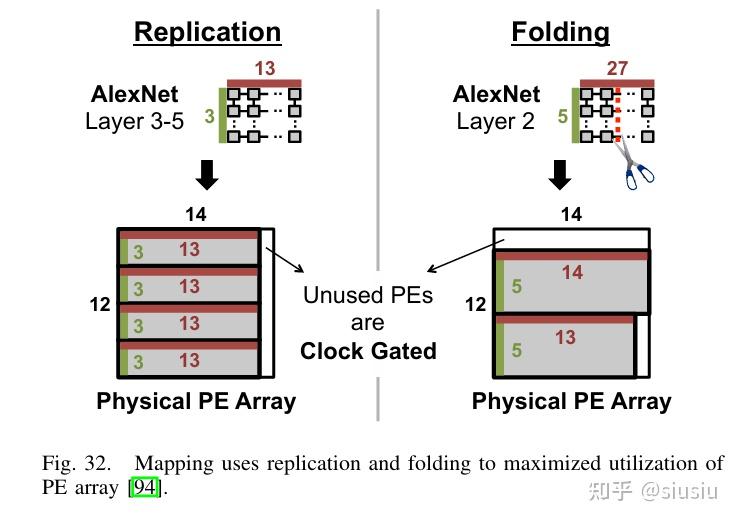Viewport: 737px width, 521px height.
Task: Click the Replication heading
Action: coord(207,32)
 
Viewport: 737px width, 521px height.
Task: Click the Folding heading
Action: coord(560,32)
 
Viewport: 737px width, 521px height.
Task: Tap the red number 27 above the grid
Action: coord(617,68)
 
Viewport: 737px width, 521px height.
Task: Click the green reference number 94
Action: coord(144,487)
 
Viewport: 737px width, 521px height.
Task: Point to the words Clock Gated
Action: coord(368,351)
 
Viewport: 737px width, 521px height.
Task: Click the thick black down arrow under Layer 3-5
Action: coord(207,174)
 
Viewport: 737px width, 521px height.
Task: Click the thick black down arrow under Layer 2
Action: coord(560,174)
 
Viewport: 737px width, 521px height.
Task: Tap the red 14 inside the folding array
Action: coord(572,273)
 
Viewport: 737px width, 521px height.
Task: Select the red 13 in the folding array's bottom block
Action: coord(565,337)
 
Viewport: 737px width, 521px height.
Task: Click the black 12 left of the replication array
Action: coord(100,304)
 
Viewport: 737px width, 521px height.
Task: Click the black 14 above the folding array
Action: coord(572,214)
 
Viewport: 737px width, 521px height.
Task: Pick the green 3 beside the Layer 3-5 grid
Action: coord(210,116)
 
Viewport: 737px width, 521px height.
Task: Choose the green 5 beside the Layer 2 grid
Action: coord(563,116)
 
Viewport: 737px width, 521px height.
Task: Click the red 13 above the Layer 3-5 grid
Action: coord(265,69)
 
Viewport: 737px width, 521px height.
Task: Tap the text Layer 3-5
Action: coord(134,121)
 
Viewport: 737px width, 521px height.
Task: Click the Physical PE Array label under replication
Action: coord(196,402)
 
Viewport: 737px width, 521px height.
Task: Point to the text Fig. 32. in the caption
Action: coord(77,464)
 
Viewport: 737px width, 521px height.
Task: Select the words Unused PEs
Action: coord(368,295)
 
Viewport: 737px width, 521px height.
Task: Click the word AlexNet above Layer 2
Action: coord(496,94)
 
